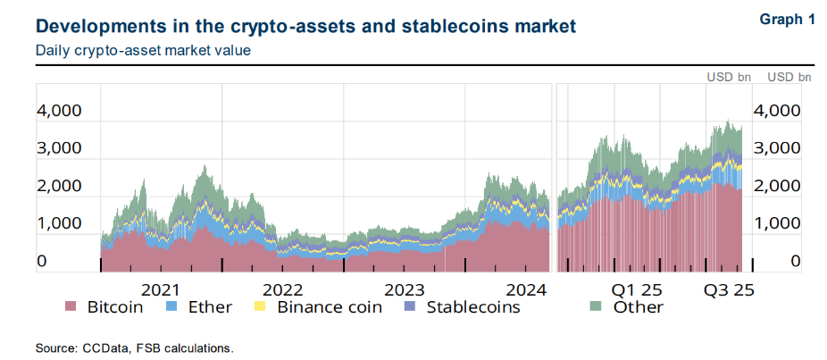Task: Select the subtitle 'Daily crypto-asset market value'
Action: (x=143, y=50)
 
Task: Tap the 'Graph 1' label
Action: (x=787, y=19)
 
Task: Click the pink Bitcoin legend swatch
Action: (x=71, y=307)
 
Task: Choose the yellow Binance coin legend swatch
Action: (x=261, y=307)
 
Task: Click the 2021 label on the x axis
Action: (x=161, y=290)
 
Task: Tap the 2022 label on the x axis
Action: (x=283, y=290)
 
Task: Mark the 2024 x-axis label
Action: (x=527, y=290)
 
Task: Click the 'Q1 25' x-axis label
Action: (x=636, y=290)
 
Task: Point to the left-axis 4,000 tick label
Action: (x=59, y=111)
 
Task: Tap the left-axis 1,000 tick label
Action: (x=59, y=223)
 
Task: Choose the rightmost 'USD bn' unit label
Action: (x=789, y=77)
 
